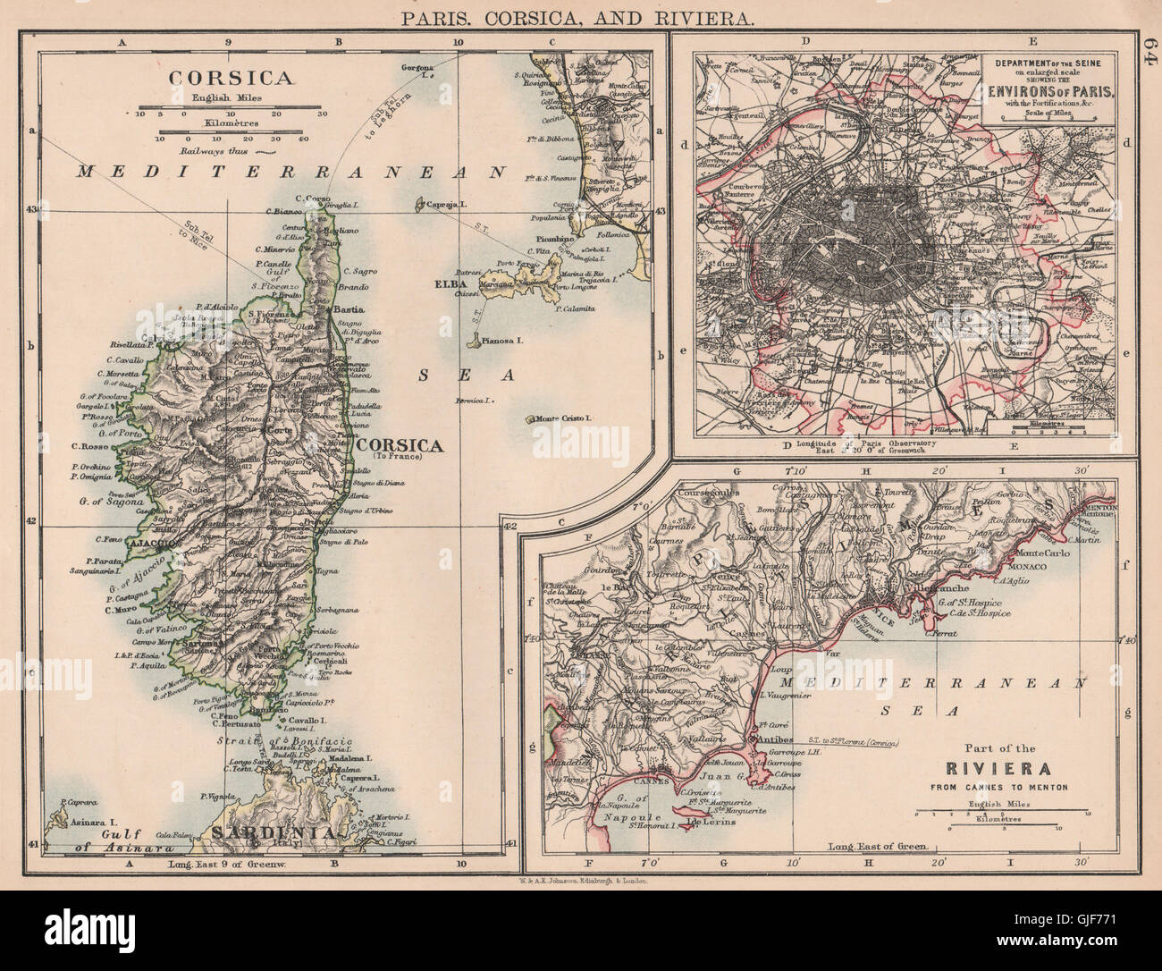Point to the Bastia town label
pyautogui.click(x=345, y=309)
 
